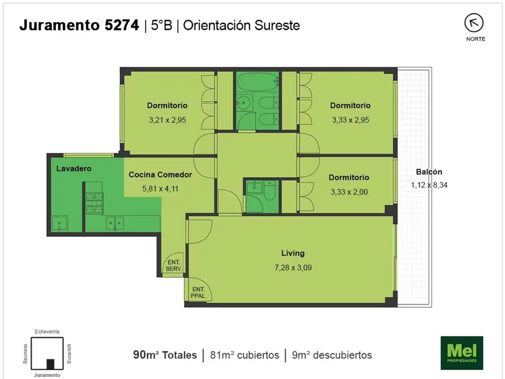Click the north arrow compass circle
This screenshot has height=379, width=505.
(x=474, y=23)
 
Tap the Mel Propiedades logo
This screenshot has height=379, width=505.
(x=462, y=352)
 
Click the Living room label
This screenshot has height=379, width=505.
(x=293, y=253)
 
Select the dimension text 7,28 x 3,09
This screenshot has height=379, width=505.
(x=293, y=267)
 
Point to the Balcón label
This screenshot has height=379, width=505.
(x=429, y=172)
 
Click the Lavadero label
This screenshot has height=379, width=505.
(x=74, y=169)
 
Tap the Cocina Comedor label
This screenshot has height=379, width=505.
(x=160, y=175)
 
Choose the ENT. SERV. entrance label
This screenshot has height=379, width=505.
(x=174, y=265)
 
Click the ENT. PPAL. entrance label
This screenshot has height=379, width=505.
(x=198, y=293)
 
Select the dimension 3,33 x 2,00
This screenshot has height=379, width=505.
(x=349, y=192)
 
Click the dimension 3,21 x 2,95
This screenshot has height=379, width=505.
(x=168, y=120)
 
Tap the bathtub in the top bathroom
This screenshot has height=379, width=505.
(x=257, y=81)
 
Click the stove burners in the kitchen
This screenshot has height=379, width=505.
(x=94, y=203)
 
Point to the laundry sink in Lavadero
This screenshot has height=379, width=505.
(x=60, y=224)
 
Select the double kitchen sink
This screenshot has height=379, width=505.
(x=115, y=223)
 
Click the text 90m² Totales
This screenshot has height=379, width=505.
(x=165, y=355)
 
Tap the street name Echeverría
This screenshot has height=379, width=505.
(x=47, y=331)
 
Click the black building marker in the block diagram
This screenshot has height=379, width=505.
(x=50, y=364)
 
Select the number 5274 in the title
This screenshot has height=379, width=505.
(x=122, y=25)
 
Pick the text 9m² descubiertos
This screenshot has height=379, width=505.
(x=332, y=355)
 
